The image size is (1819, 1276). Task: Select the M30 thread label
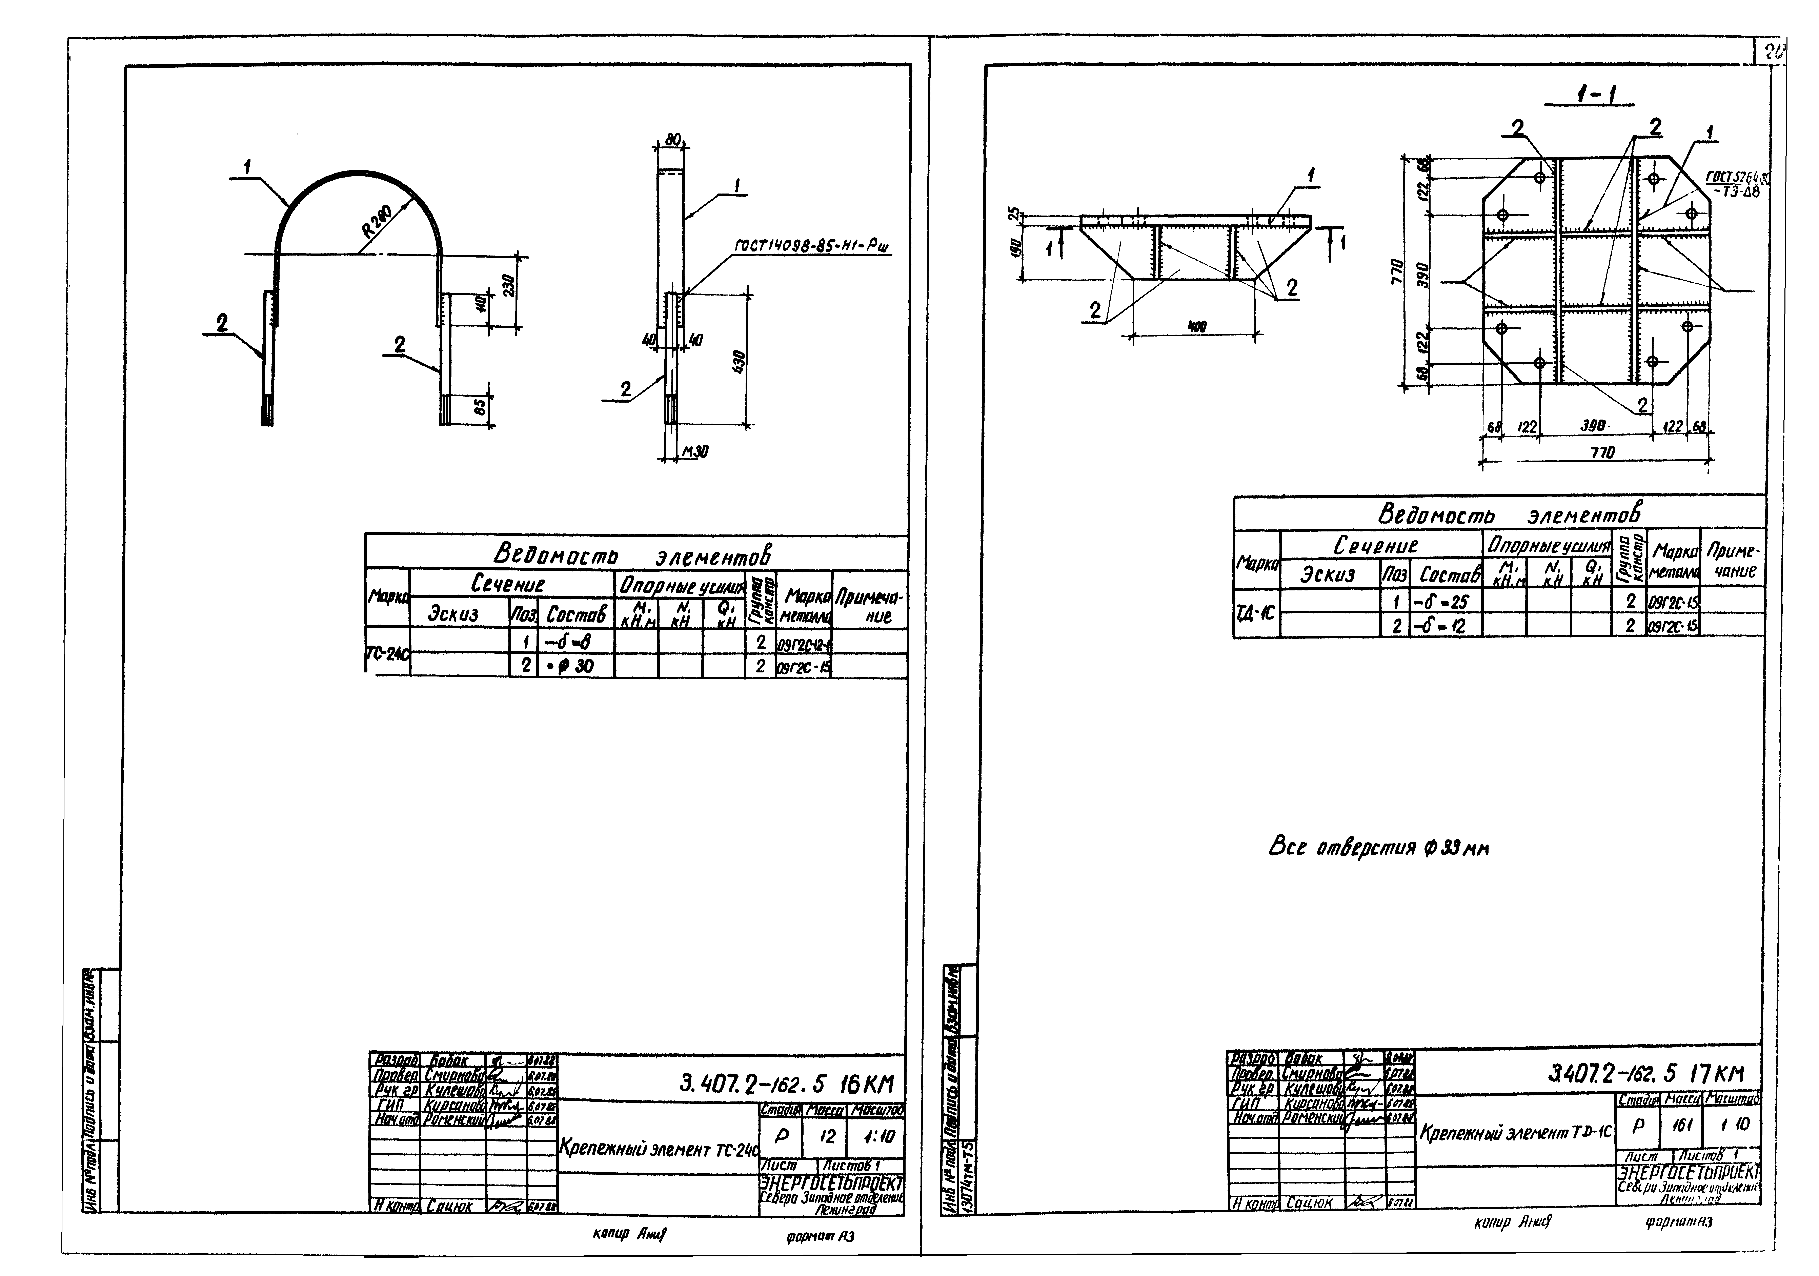click(x=695, y=451)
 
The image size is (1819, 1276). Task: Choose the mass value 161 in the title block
click(x=1677, y=1125)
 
